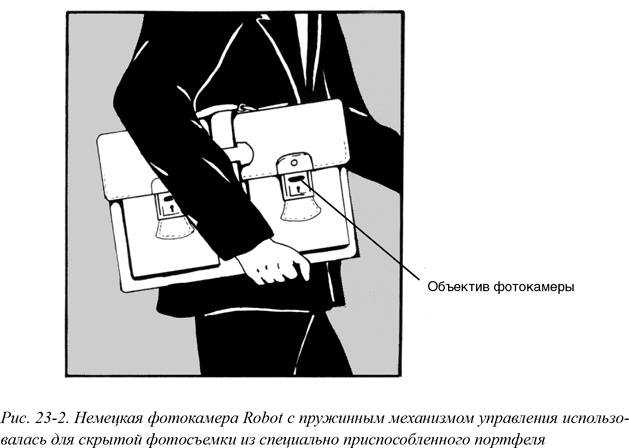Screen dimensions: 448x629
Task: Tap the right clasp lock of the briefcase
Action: click(298, 190)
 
